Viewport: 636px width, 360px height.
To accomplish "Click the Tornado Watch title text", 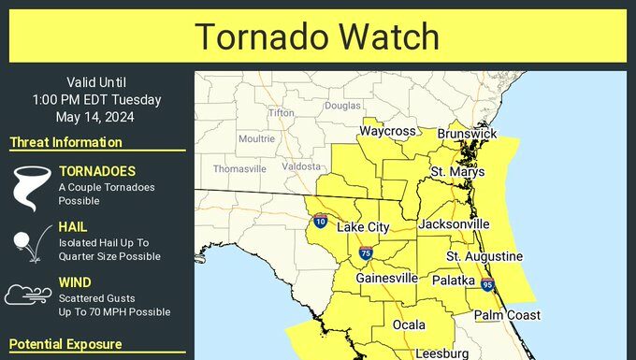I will (317, 36).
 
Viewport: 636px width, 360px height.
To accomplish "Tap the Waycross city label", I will (387, 131).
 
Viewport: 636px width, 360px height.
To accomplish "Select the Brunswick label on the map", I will (467, 134).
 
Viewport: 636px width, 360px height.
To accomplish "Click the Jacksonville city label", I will (455, 224).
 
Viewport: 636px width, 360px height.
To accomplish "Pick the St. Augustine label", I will (484, 256).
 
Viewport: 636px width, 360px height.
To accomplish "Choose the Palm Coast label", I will (506, 315).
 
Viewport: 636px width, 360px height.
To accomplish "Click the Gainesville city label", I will (386, 278).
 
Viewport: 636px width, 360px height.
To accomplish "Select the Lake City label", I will (363, 227).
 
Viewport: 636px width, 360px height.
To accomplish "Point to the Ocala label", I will (409, 324).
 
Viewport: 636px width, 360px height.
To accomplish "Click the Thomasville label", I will (239, 169).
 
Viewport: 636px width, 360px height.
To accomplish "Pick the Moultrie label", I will (256, 138).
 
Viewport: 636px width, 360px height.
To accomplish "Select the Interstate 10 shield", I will (320, 222).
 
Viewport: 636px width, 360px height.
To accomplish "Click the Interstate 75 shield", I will (365, 252).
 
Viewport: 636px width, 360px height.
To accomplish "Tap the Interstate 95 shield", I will (487, 284).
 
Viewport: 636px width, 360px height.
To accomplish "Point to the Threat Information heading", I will (65, 142).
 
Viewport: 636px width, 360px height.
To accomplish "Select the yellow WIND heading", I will (75, 281).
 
